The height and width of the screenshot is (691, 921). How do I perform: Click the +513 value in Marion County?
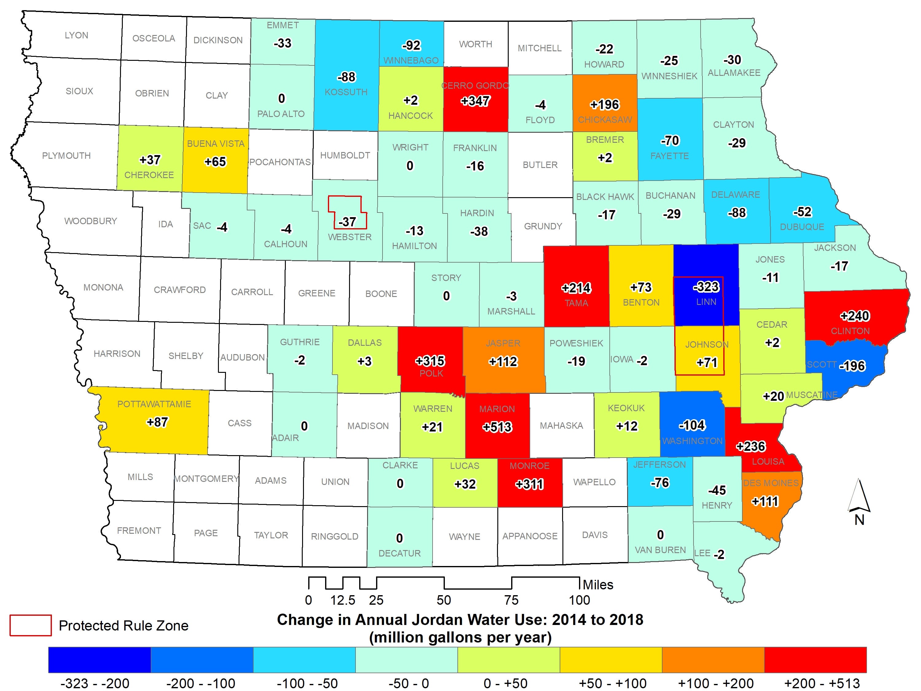click(497, 427)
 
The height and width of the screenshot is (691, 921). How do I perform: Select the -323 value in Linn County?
click(706, 287)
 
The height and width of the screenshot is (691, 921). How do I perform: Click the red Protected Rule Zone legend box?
click(30, 625)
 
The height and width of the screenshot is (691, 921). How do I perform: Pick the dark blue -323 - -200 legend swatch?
click(99, 659)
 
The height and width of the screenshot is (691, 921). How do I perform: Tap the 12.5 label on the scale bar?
click(343, 600)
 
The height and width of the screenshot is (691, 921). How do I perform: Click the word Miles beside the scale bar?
click(598, 585)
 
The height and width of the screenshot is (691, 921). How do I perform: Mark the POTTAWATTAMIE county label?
click(154, 404)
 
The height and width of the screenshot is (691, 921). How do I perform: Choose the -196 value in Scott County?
click(852, 366)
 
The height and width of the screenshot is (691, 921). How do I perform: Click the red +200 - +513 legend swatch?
click(815, 659)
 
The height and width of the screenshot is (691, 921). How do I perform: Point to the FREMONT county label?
click(139, 531)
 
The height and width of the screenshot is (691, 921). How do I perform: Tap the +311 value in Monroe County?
click(529, 484)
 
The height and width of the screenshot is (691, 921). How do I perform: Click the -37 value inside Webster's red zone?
click(347, 222)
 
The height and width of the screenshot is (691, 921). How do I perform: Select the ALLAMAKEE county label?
click(734, 73)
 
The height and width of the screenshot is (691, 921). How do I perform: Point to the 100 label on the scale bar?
click(579, 600)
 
